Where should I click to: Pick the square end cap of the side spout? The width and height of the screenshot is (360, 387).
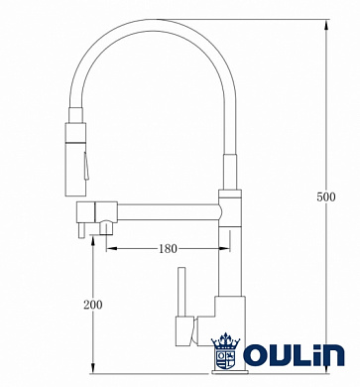[x=85, y=209]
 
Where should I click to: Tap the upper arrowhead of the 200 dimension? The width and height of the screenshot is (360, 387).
[x=91, y=243]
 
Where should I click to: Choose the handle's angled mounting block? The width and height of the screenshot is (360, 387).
[x=185, y=327]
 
